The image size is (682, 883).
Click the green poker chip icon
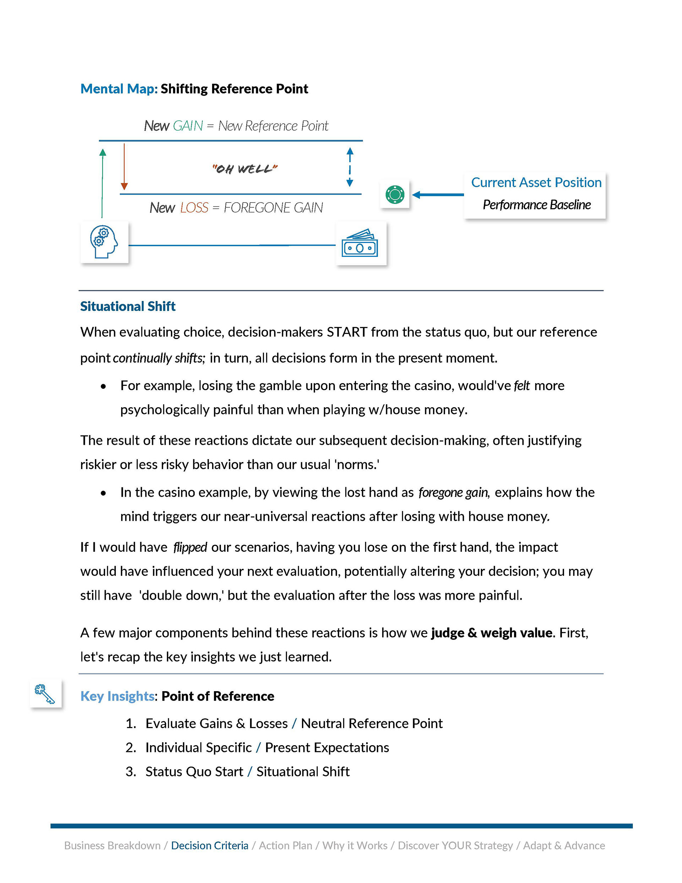pyautogui.click(x=395, y=194)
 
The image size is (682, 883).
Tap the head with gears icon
pyautogui.click(x=104, y=242)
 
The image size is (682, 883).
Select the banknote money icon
pyautogui.click(x=360, y=243)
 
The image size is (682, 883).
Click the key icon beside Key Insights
pyautogui.click(x=45, y=694)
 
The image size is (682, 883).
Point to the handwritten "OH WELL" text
pyautogui.click(x=245, y=168)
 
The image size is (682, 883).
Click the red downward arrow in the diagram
pyautogui.click(x=124, y=167)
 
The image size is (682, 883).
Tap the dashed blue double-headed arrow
pyautogui.click(x=350, y=167)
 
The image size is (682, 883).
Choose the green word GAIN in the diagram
pyautogui.click(x=188, y=126)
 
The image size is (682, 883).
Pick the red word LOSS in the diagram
pyautogui.click(x=194, y=208)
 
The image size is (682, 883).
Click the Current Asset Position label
pyautogui.click(x=536, y=183)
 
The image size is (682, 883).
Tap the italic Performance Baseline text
pyautogui.click(x=536, y=205)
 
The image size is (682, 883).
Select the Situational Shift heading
pyautogui.click(x=128, y=306)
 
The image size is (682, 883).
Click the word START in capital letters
pyautogui.click(x=347, y=332)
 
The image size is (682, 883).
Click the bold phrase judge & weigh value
pyautogui.click(x=492, y=633)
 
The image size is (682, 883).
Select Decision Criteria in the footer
pyautogui.click(x=210, y=845)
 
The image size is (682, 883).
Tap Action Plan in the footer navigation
pyautogui.click(x=286, y=845)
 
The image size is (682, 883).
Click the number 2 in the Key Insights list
pyautogui.click(x=131, y=748)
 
